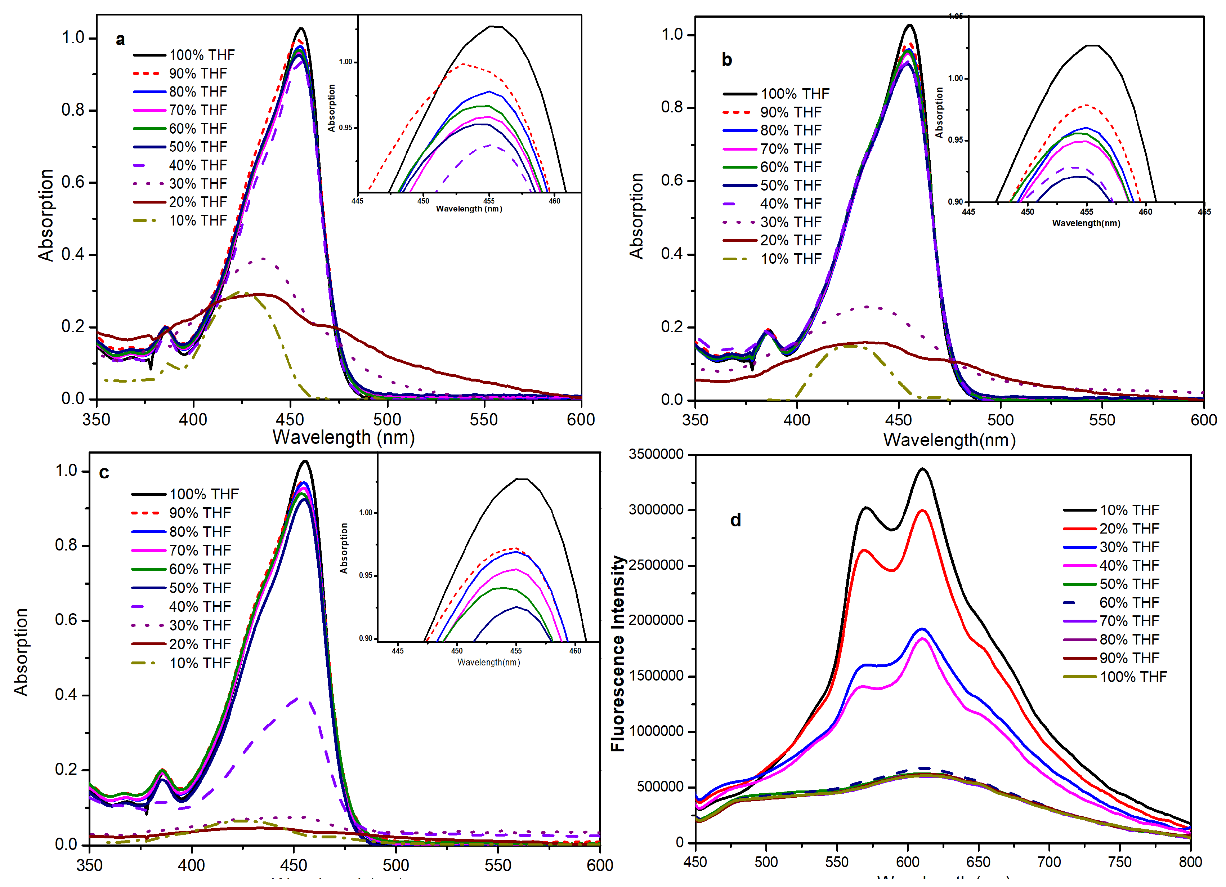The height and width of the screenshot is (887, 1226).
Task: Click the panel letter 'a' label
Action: pyautogui.click(x=120, y=40)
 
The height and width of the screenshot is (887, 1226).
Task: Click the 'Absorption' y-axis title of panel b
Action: pyautogui.click(x=636, y=216)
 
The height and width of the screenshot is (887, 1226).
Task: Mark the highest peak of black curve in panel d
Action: pyautogui.click(x=922, y=469)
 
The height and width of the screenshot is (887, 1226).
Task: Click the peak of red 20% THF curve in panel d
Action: pyautogui.click(x=922, y=510)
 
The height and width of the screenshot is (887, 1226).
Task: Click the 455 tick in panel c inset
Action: pyautogui.click(x=516, y=651)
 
